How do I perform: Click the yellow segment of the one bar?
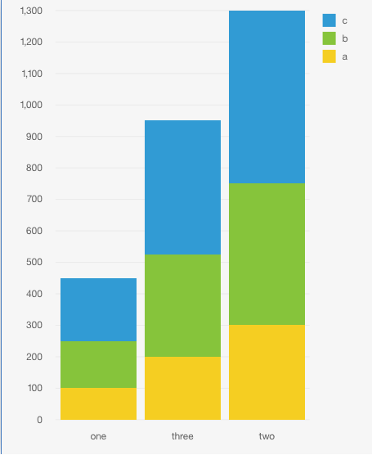click(x=98, y=403)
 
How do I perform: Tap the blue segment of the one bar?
click(x=98, y=309)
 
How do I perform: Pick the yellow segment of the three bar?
click(x=182, y=388)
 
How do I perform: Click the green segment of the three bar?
click(x=182, y=305)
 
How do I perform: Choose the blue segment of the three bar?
click(x=182, y=187)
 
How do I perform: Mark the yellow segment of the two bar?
click(x=267, y=372)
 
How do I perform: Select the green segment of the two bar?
click(x=267, y=254)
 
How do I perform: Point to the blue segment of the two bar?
click(x=267, y=97)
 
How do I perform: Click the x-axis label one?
click(x=98, y=436)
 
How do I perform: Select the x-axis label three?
click(x=182, y=436)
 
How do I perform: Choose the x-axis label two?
click(x=267, y=436)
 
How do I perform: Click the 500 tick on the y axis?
click(x=34, y=263)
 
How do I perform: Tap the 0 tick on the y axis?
click(x=38, y=420)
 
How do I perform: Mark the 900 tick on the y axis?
click(x=34, y=137)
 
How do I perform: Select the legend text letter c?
click(x=345, y=20)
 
